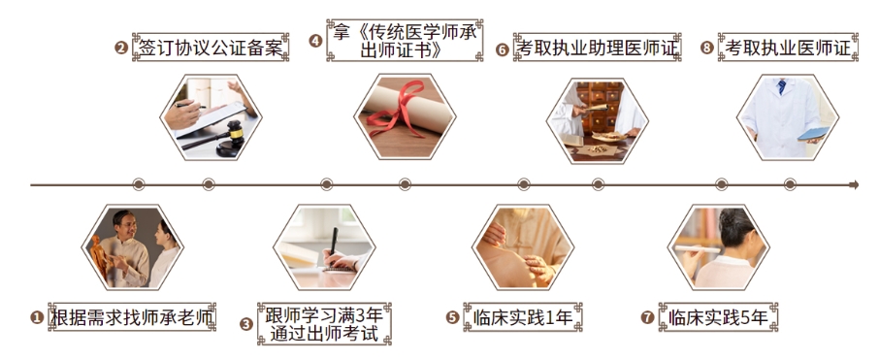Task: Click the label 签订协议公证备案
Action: click(211, 47)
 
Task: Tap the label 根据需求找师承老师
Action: click(132, 316)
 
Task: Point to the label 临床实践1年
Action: click(525, 316)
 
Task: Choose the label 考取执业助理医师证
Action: click(598, 47)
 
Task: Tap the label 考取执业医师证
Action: click(788, 47)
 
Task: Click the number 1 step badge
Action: click(37, 317)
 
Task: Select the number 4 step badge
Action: click(315, 41)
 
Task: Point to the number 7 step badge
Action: click(647, 317)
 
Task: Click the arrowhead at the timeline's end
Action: click(854, 184)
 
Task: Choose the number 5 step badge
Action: click(452, 317)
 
